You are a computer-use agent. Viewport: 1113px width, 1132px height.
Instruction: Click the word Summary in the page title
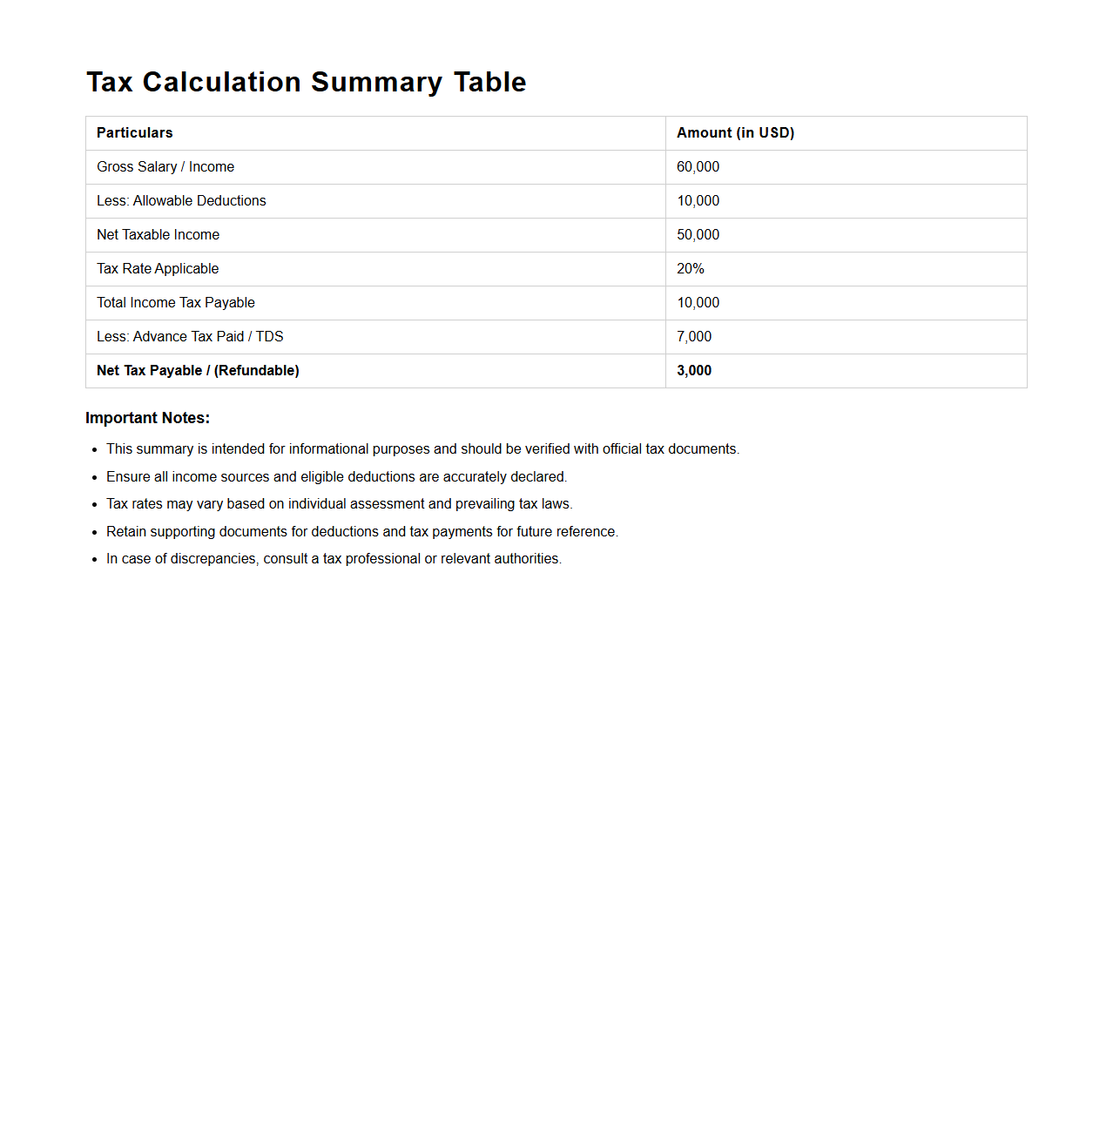point(376,82)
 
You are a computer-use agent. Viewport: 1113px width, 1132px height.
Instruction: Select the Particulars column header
point(135,132)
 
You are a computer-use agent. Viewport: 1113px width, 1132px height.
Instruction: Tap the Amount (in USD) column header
point(735,132)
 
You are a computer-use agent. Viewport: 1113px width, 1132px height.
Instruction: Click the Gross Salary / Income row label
point(165,166)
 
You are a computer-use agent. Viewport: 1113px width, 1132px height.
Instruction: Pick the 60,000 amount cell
point(698,166)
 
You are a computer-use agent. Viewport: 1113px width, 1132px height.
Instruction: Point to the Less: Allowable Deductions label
point(181,200)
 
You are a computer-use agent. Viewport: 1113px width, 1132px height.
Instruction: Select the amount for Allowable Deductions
point(698,200)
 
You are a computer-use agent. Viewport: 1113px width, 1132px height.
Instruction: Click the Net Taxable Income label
point(158,234)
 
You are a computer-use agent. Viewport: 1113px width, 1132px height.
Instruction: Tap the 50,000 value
point(698,234)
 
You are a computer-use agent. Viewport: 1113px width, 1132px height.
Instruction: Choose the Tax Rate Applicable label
point(158,268)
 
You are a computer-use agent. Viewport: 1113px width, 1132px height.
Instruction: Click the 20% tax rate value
point(690,268)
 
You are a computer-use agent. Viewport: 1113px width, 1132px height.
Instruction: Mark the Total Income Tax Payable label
point(176,302)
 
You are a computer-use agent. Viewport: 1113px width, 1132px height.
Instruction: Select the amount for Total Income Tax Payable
point(698,302)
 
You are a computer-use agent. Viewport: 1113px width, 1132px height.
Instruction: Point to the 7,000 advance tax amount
point(694,336)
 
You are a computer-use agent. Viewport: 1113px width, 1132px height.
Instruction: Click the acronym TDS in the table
point(269,336)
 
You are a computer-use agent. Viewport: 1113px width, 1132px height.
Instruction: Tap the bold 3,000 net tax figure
point(694,370)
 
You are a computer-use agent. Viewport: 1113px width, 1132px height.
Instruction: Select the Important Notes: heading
point(147,418)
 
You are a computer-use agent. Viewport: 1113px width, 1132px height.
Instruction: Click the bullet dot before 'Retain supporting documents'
point(94,532)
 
